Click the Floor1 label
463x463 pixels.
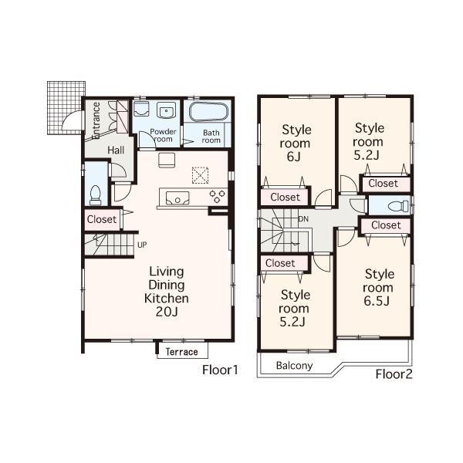click(x=219, y=370)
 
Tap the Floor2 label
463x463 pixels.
click(x=394, y=375)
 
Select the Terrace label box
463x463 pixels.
click(x=182, y=352)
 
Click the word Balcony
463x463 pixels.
click(x=295, y=366)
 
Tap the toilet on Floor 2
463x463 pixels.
click(x=394, y=206)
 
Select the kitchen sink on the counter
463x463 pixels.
click(x=178, y=198)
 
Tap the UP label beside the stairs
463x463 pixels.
click(x=142, y=245)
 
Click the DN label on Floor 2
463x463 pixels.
click(x=304, y=218)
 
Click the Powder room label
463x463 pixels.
click(x=164, y=136)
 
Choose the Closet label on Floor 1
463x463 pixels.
click(x=101, y=219)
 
